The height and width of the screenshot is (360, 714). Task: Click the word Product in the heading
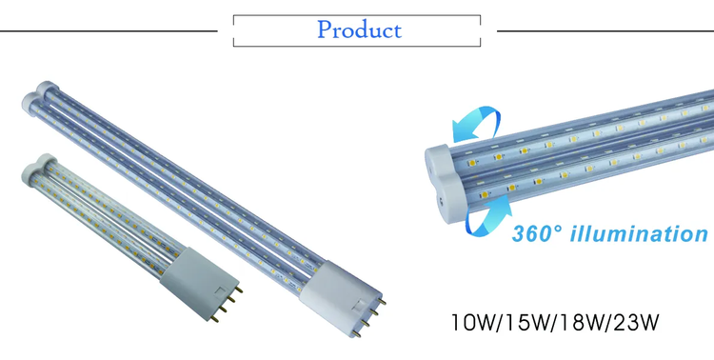(359, 30)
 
